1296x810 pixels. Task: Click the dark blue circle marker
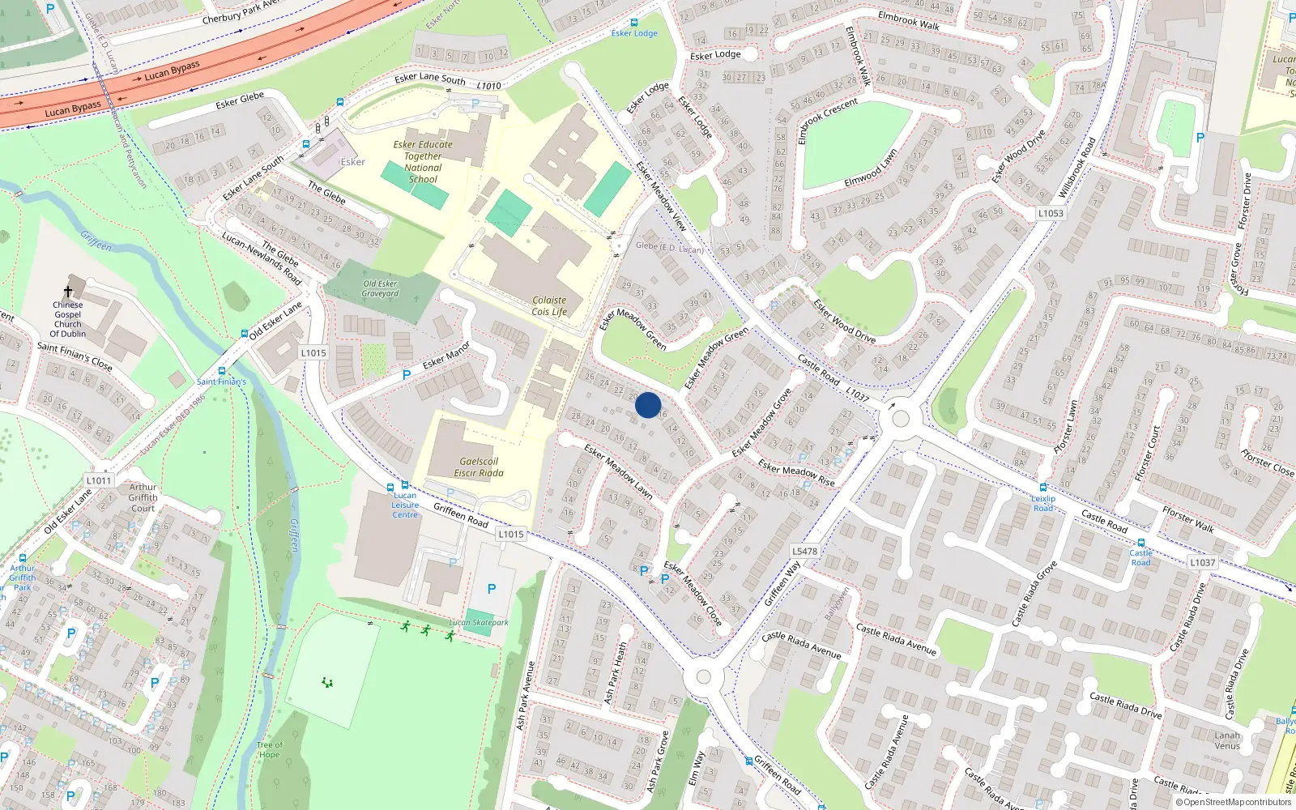pyautogui.click(x=648, y=405)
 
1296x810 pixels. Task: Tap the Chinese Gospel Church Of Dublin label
pyautogui.click(x=68, y=320)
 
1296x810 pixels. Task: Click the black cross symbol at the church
pyautogui.click(x=68, y=292)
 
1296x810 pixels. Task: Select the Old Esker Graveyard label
pyautogui.click(x=380, y=288)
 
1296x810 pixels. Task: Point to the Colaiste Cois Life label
pyautogui.click(x=549, y=305)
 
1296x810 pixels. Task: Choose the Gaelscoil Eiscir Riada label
pyautogui.click(x=478, y=467)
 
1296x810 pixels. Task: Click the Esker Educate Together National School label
pyautogui.click(x=423, y=161)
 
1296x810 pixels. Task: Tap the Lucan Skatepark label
pyautogui.click(x=479, y=623)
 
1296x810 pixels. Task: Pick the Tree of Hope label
pyautogui.click(x=270, y=749)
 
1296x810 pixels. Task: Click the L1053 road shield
pyautogui.click(x=1051, y=213)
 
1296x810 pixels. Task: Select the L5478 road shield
pyautogui.click(x=804, y=551)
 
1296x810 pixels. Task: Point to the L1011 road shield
pyautogui.click(x=99, y=480)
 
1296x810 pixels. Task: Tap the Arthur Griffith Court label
pyautogui.click(x=143, y=497)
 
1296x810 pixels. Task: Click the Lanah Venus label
pyautogui.click(x=1227, y=740)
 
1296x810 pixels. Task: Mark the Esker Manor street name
pyautogui.click(x=446, y=355)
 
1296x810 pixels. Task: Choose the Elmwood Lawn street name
pyautogui.click(x=871, y=168)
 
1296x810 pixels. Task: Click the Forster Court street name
pyautogui.click(x=1149, y=454)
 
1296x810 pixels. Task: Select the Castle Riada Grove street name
pyautogui.click(x=1034, y=593)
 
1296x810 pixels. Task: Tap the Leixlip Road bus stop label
pyautogui.click(x=1043, y=503)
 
